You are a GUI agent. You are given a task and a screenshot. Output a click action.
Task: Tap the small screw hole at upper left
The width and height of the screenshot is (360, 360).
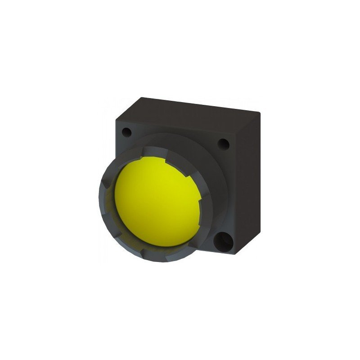pos(127,132)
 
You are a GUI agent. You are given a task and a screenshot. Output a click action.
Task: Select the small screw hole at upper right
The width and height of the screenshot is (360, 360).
pos(223,144)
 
